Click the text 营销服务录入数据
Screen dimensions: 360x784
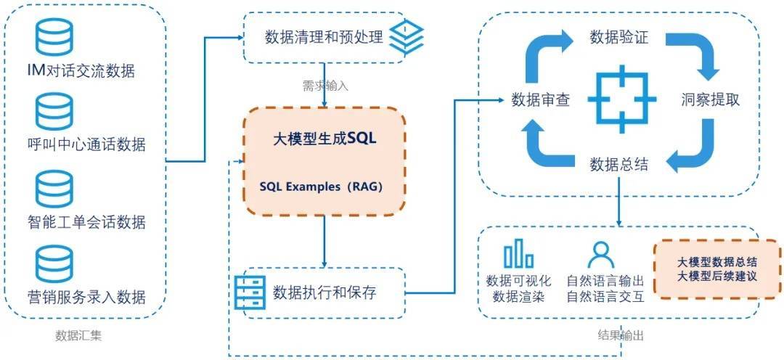pyautogui.click(x=86, y=298)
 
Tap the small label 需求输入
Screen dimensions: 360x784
pyautogui.click(x=325, y=86)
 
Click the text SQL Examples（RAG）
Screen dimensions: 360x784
pyautogui.click(x=322, y=187)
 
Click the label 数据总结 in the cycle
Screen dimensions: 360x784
pyautogui.click(x=618, y=165)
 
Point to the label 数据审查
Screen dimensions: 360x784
pyautogui.click(x=539, y=100)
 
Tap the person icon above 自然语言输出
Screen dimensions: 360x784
pyautogui.click(x=601, y=255)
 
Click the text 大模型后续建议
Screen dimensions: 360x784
pyautogui.click(x=717, y=277)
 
